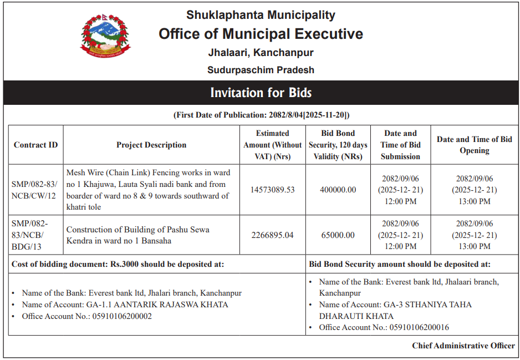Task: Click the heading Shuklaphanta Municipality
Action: [x=261, y=15]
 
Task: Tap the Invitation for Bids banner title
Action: [x=261, y=93]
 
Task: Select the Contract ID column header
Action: [x=35, y=145]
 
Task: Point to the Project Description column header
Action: [x=151, y=145]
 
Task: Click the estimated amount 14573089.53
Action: [x=272, y=190]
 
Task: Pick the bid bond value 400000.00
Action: [x=338, y=190]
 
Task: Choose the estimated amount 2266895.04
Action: [x=272, y=235]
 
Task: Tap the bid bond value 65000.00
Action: [x=338, y=235]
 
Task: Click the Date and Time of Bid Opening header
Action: [x=474, y=145]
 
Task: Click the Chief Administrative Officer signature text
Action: [x=463, y=346]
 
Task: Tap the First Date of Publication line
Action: [x=261, y=115]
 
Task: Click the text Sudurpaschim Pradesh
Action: [x=261, y=70]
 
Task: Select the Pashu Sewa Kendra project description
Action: [x=137, y=235]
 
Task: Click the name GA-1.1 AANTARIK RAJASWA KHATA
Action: [x=157, y=305]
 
